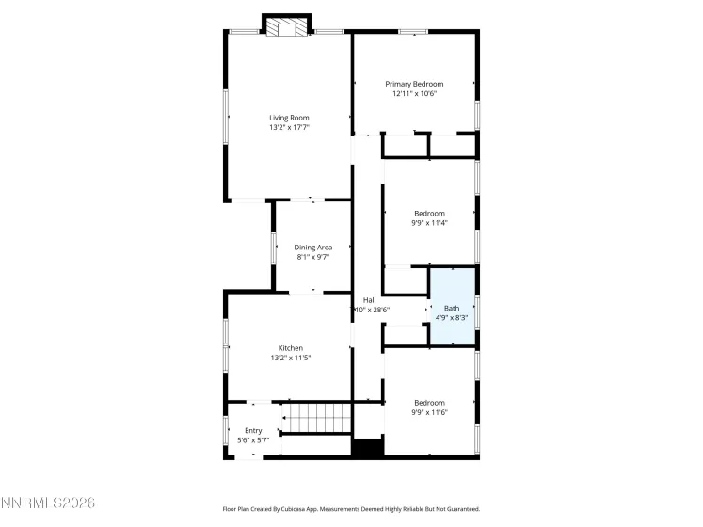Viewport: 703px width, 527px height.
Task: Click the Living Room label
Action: [x=289, y=118]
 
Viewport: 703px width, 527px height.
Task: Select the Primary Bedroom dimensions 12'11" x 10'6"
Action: [x=414, y=94]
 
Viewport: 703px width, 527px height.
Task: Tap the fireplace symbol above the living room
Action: [x=286, y=28]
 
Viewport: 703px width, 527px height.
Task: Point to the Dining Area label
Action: [x=313, y=247]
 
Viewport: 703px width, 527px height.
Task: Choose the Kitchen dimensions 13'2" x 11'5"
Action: [x=289, y=358]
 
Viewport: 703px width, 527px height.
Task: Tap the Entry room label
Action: [x=252, y=430]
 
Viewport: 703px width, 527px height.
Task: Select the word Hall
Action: [x=370, y=300]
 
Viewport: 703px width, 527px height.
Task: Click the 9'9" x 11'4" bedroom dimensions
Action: [x=429, y=223]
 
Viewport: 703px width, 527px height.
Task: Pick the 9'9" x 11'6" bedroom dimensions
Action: [x=429, y=411]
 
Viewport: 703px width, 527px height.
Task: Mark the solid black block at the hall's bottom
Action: [x=367, y=449]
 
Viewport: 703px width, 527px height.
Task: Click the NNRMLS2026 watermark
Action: [x=48, y=505]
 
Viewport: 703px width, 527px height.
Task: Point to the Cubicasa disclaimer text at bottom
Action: [x=351, y=508]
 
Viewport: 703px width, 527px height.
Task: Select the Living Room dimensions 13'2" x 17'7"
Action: [x=289, y=127]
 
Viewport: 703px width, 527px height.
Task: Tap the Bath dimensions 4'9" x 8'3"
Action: [x=453, y=317]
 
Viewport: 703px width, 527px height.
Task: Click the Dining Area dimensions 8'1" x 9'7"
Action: [x=313, y=256]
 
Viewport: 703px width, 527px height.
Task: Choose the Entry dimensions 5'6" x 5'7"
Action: [x=252, y=439]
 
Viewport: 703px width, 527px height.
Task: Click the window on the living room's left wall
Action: [x=226, y=118]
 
